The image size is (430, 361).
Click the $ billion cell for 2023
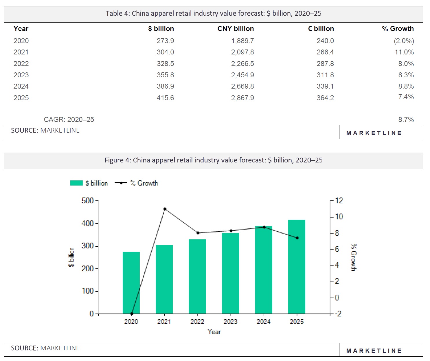coord(165,75)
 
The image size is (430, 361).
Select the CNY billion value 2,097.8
coord(242,52)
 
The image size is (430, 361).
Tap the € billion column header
coord(321,29)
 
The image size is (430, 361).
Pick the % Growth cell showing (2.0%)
coord(404,41)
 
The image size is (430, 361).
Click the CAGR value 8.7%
coord(406,120)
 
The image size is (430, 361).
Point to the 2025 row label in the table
coord(21,98)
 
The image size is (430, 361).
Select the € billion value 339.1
coord(325,86)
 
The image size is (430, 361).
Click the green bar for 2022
coord(197,276)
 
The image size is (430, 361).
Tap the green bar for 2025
coord(297,266)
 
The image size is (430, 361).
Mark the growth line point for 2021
coord(165,209)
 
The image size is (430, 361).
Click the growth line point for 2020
coord(132,314)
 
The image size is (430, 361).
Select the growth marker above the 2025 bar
coord(297,238)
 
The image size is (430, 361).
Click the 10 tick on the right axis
coord(339,217)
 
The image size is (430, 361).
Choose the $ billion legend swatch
coord(76,183)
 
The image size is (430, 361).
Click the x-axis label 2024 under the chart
coord(263,322)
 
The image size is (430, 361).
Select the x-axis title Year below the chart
coord(214,332)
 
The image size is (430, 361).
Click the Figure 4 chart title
coord(214,160)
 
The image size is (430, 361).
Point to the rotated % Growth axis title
coord(354,257)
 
